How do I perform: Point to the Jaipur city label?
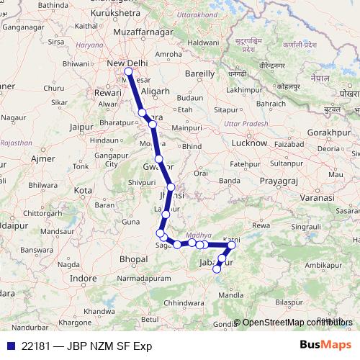84,127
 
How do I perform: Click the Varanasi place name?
320,197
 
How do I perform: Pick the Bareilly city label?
200,73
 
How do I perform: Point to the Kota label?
84,190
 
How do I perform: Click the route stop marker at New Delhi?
128,71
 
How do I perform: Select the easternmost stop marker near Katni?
232,246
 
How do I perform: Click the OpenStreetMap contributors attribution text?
297,323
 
